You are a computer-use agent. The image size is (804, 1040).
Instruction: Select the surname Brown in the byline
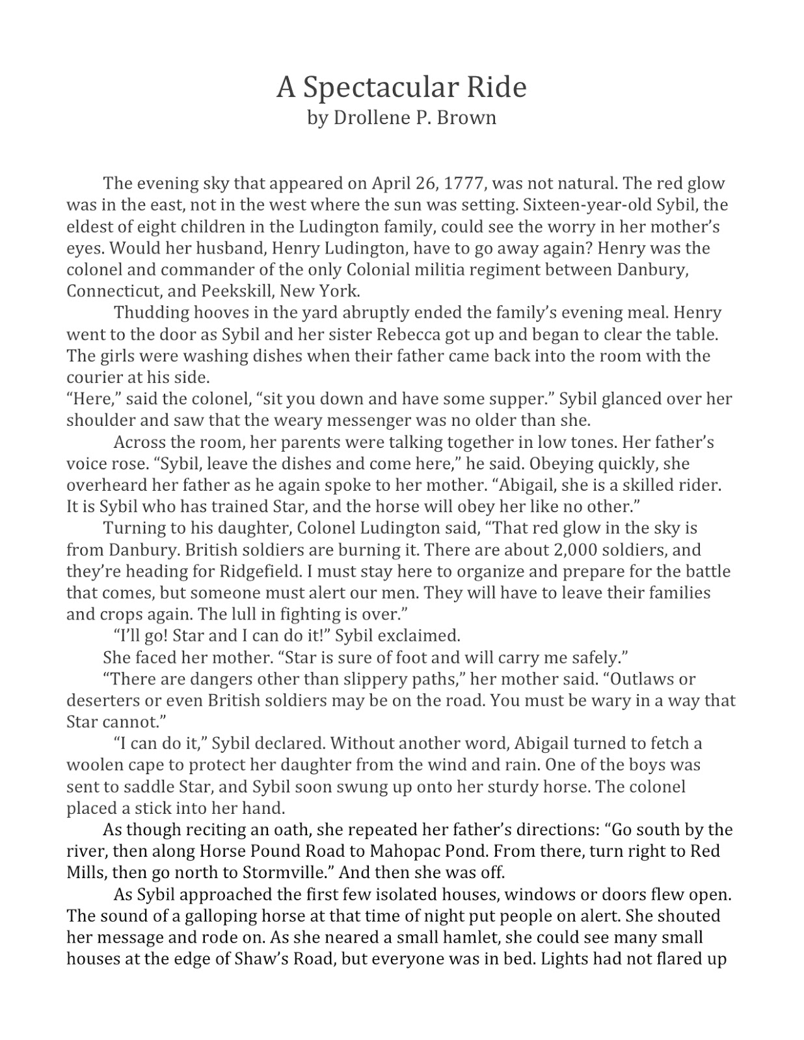(x=472, y=118)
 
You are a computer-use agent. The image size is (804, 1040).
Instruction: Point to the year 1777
(x=463, y=183)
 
